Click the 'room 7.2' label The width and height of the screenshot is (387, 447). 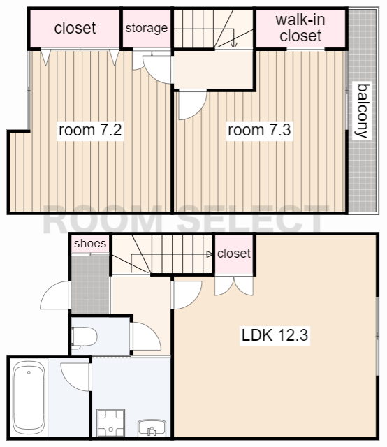click(90, 130)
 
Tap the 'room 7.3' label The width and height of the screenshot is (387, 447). click(259, 130)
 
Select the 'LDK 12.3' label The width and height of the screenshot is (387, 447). click(275, 335)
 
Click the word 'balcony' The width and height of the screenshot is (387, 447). click(362, 111)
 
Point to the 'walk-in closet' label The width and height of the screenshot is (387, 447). click(300, 28)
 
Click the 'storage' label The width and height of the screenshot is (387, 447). click(147, 28)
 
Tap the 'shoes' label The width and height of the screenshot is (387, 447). click(90, 244)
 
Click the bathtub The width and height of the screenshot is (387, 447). click(29, 397)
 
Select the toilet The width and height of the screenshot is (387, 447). click(84, 337)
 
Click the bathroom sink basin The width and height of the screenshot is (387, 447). click(152, 427)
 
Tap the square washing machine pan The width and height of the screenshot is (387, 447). click(111, 423)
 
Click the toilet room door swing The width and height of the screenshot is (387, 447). click(146, 337)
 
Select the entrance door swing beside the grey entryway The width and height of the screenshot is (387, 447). click(54, 295)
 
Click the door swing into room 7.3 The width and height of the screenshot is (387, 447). click(192, 105)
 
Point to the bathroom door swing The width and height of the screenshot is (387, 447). click(75, 377)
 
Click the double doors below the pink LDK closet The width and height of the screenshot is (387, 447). click(234, 286)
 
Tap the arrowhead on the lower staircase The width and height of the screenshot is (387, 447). click(210, 254)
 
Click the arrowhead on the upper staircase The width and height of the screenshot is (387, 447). click(233, 45)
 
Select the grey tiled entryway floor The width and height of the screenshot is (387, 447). click(90, 284)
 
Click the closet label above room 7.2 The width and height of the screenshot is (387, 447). click(75, 28)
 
